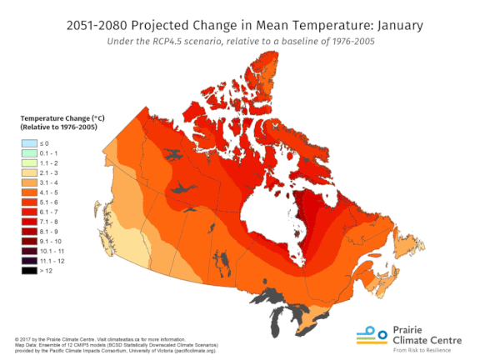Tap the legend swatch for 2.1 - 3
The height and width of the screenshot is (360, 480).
point(27,172)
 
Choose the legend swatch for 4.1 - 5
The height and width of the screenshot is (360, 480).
point(27,192)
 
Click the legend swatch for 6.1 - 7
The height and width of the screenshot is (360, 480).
point(27,211)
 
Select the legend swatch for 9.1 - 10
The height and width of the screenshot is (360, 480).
point(27,240)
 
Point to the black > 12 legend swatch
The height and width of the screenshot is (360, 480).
point(27,269)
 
